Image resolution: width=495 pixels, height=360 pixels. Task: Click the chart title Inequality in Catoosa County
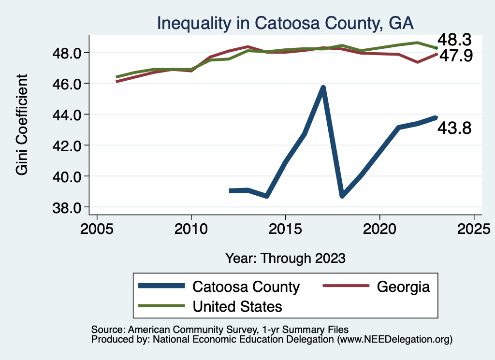285,23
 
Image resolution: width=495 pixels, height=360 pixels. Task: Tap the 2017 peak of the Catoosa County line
323,87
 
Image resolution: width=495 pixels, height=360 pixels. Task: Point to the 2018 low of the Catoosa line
342,195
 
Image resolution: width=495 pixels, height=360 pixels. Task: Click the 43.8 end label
454,129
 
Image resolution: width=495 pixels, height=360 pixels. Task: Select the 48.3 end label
454,40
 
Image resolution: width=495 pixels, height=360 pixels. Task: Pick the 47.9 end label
454,56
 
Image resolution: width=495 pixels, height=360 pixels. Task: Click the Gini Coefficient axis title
22,125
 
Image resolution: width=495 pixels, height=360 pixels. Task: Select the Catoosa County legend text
246,287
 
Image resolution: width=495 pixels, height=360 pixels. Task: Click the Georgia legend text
403,287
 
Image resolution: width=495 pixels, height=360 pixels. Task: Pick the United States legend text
237,306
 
